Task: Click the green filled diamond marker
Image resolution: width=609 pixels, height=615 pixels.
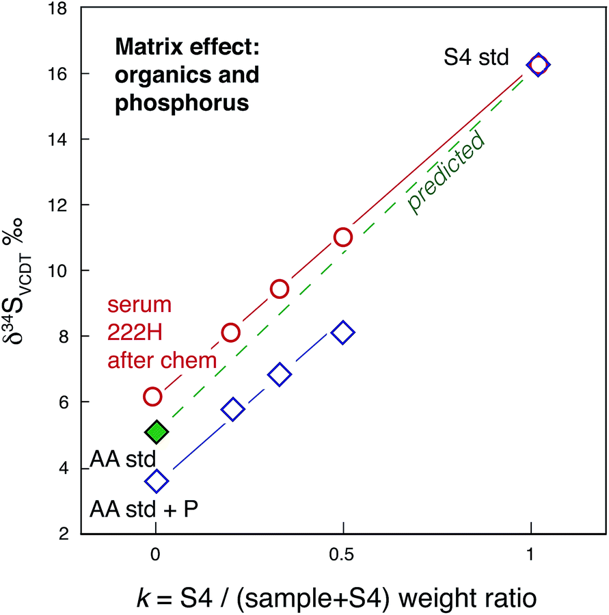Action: click(x=157, y=432)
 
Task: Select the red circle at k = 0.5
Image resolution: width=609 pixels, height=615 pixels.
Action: click(x=343, y=237)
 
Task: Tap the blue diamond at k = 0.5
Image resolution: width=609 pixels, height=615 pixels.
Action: click(x=343, y=332)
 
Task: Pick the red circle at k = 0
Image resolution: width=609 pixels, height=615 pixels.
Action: click(x=152, y=396)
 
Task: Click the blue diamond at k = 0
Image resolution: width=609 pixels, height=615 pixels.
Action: click(x=157, y=482)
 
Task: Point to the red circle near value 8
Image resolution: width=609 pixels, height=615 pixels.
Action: click(x=231, y=332)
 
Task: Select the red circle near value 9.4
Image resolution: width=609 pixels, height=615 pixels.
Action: click(x=279, y=289)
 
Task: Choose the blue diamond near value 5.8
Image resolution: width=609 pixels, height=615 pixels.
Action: click(x=232, y=410)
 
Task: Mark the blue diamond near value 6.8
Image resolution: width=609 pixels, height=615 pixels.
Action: click(x=280, y=374)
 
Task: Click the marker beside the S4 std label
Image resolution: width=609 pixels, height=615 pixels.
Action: click(x=539, y=65)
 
